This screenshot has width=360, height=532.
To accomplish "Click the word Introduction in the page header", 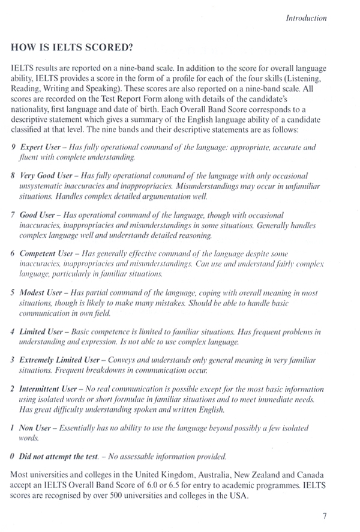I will [307, 18].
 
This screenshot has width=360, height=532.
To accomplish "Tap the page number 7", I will [324, 515].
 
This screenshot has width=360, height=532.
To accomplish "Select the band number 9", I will [14, 147].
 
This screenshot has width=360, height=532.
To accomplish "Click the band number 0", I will [13, 457].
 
